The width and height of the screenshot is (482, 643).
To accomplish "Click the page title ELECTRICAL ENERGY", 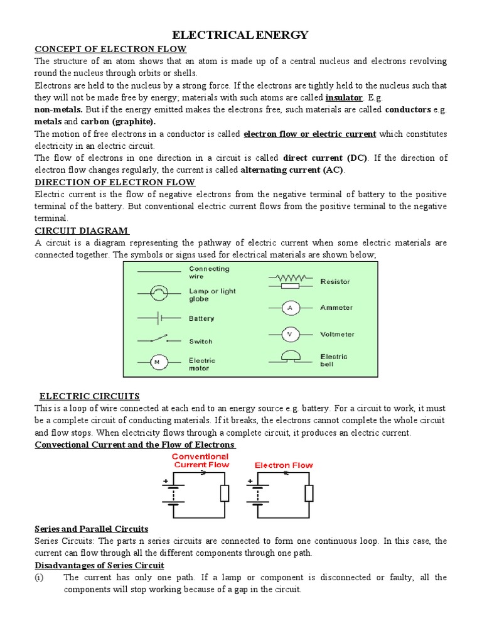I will coord(240,35).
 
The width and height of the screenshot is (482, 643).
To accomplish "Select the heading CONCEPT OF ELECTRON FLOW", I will coord(110,49).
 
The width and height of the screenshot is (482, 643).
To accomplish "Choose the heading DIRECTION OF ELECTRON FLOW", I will coord(115,182).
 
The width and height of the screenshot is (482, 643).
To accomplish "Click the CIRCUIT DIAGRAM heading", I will coord(82,230).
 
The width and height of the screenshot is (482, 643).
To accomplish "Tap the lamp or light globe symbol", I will coord(159,292).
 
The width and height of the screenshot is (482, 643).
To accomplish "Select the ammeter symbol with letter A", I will coord(290,308).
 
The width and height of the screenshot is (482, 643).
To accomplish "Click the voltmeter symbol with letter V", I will coord(290,335).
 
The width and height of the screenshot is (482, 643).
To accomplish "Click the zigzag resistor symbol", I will coord(289,277).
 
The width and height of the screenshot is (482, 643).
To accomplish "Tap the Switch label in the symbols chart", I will coord(201,342).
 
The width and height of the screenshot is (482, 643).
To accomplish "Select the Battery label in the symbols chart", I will coord(201,318).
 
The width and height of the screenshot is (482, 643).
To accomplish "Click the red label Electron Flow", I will coord(284,465).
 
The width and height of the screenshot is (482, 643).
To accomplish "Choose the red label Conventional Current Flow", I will coord(200,460).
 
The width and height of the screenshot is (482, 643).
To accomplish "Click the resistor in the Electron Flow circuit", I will coord(308,494).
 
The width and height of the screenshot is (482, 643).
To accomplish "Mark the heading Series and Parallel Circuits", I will coord(92,529).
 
